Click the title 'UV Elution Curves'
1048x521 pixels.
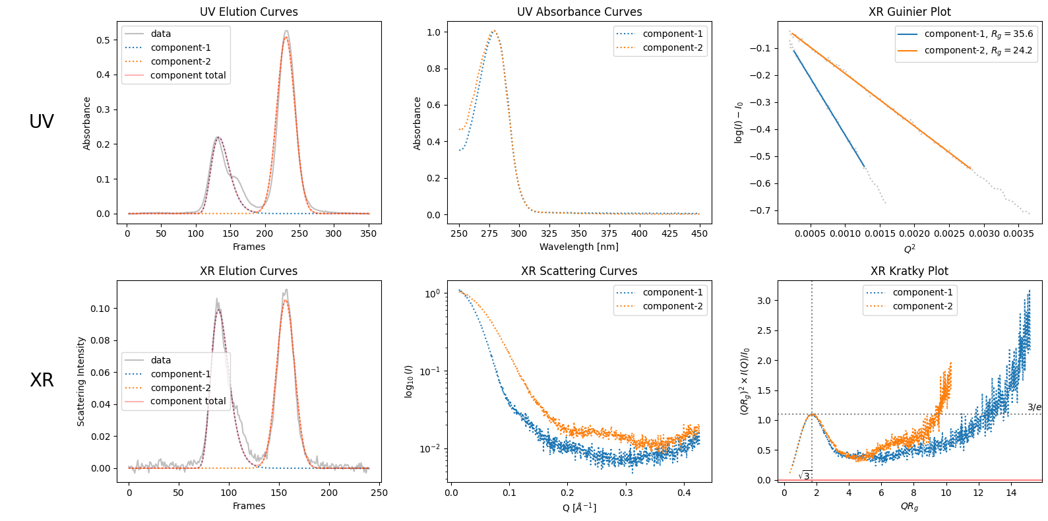(x=249, y=12)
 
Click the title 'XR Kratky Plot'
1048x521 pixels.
(x=909, y=271)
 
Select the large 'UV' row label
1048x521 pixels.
(x=42, y=121)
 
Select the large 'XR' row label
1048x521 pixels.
(x=42, y=380)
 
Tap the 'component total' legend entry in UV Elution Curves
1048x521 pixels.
(x=188, y=75)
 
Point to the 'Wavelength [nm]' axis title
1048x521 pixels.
(x=578, y=247)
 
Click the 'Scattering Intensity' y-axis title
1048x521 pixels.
(x=81, y=381)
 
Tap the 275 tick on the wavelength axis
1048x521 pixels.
(x=489, y=233)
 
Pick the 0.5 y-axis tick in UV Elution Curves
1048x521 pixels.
(x=103, y=40)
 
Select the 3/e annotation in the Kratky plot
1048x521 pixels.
(x=1034, y=407)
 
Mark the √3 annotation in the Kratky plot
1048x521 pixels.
(x=805, y=475)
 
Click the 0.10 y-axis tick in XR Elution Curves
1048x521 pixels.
(x=100, y=308)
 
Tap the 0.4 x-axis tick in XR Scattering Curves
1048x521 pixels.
(x=684, y=492)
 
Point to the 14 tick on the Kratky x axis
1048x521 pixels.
(x=1011, y=492)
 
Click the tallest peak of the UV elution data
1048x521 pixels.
(x=286, y=31)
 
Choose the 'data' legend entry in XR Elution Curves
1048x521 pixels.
(x=160, y=360)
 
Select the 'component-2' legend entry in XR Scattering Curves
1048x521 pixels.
(x=673, y=306)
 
